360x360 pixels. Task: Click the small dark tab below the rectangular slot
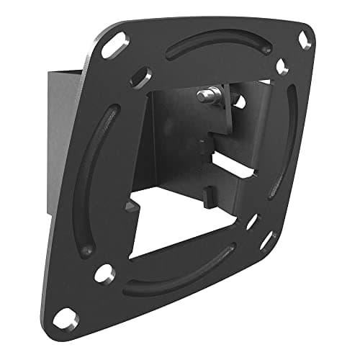pos(209,193)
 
